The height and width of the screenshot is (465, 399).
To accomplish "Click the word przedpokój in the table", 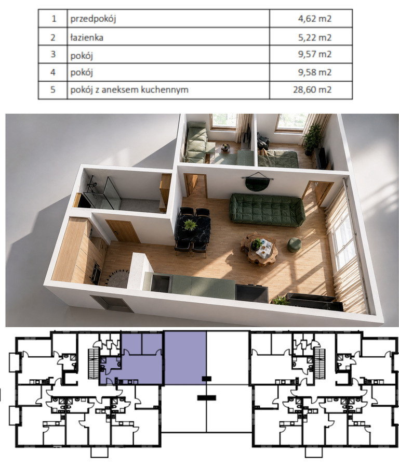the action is [x=93, y=19].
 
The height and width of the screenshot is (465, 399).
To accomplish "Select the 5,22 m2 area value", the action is [x=315, y=37].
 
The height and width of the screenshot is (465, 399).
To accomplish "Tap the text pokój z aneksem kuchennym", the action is [x=129, y=89].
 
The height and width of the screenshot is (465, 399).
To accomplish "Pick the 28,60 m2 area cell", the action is [x=312, y=89].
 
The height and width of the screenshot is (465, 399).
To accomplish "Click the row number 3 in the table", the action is [x=53, y=54].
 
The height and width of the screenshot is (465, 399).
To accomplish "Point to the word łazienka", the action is [x=87, y=37].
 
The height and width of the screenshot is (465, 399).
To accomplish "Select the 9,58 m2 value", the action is [x=315, y=72].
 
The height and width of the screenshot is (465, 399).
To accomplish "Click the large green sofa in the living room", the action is [x=267, y=210].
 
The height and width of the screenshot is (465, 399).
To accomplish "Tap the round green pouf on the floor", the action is [x=294, y=245].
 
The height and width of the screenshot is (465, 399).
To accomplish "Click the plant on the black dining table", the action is [x=190, y=225].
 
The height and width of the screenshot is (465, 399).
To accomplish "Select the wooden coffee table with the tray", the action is [x=259, y=249].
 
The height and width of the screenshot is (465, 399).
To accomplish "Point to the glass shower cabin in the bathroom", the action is [x=102, y=193].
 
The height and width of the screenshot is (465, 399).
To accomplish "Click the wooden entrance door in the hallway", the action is [x=123, y=231].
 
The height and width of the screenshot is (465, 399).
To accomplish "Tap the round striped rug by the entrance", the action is [x=117, y=278].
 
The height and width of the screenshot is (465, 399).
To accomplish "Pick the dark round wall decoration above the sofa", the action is [x=257, y=183].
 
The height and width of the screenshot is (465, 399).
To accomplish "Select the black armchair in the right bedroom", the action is [x=263, y=141].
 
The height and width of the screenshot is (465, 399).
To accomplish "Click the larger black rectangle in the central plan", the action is [x=206, y=398].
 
